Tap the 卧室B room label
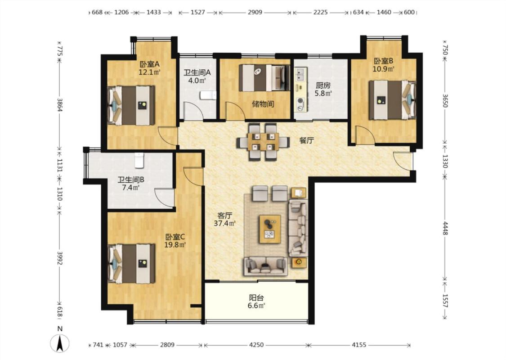point(383,61)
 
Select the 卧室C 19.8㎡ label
point(175,241)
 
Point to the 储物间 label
point(263,104)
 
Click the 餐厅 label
point(307,140)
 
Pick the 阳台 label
point(256,298)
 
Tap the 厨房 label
point(323,85)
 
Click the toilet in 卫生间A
point(207,95)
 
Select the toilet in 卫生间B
point(139,160)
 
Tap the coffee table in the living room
point(270,229)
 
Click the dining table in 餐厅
point(263,142)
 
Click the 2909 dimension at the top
point(255,12)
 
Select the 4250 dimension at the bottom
point(256,345)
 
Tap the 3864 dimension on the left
point(59,104)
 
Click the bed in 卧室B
point(393,100)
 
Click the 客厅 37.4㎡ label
point(224,219)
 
